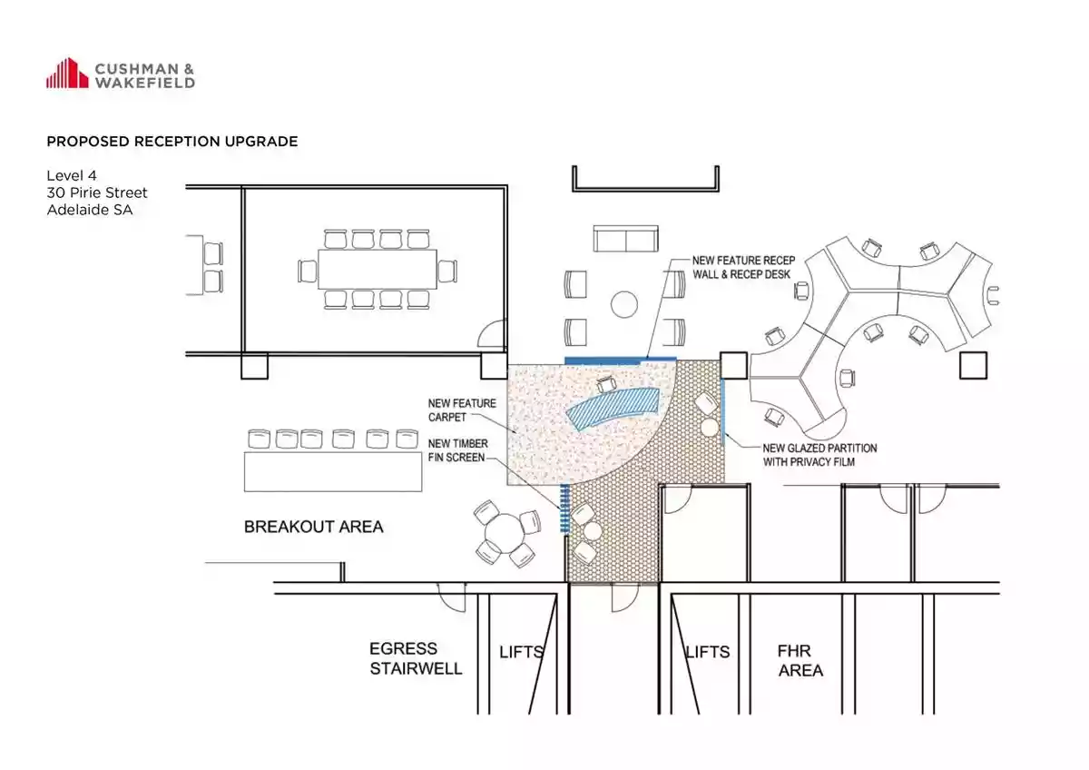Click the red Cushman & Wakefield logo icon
[67, 73]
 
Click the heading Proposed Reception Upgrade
[172, 142]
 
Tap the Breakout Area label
[314, 527]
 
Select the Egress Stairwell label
[416, 658]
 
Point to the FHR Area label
[800, 660]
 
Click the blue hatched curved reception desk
[613, 410]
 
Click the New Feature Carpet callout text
[462, 410]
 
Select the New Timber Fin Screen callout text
[457, 450]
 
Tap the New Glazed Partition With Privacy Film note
[819, 455]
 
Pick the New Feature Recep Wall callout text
[743, 268]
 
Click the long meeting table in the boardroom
[378, 270]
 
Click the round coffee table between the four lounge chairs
[623, 304]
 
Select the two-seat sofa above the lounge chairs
[625, 238]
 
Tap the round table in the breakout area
[505, 533]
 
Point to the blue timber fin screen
[564, 508]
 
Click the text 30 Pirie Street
[97, 192]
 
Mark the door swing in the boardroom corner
[492, 333]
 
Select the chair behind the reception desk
[606, 384]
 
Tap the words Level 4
[72, 175]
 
